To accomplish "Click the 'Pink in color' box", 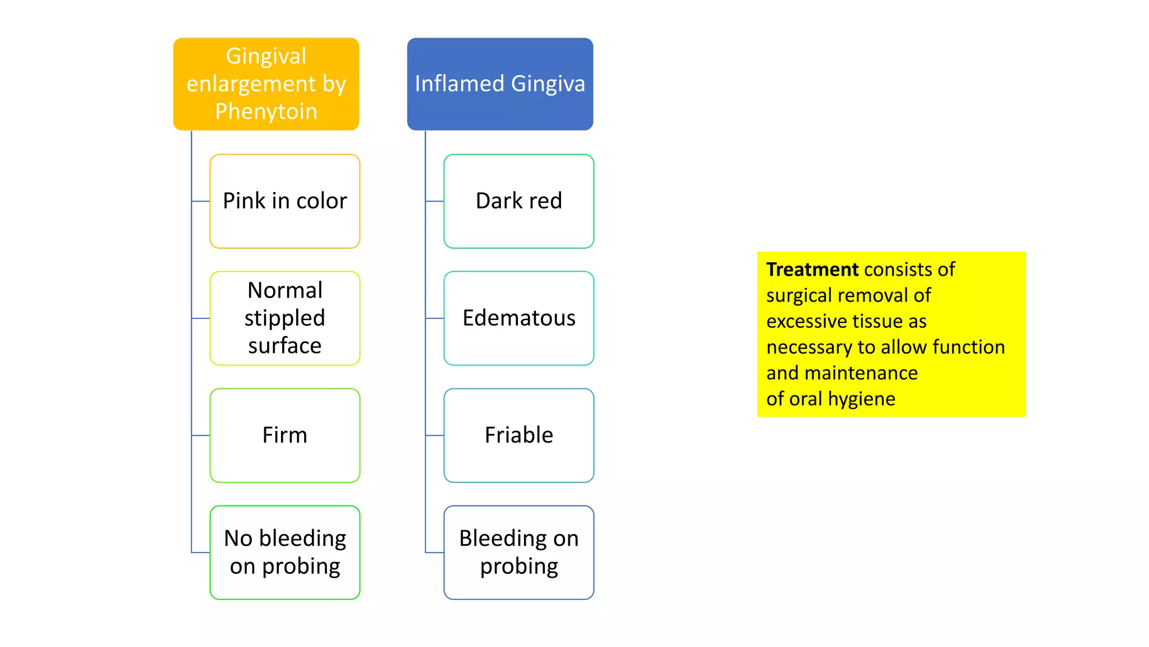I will (x=284, y=201).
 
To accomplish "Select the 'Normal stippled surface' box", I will (x=284, y=318).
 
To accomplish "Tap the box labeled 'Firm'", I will (x=284, y=435).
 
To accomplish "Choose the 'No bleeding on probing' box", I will (x=284, y=552).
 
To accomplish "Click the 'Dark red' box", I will (x=518, y=201).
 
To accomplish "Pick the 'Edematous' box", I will (x=518, y=318).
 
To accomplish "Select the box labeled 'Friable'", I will (x=518, y=435).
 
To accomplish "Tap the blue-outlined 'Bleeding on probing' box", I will (x=518, y=552).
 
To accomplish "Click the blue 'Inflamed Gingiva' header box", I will (x=500, y=84).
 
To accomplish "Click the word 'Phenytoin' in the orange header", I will (x=266, y=111).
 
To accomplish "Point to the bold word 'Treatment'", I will (x=812, y=270).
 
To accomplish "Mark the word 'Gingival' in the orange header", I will (x=266, y=56).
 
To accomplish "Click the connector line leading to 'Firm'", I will (x=201, y=435).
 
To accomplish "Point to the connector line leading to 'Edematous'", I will (x=435, y=318).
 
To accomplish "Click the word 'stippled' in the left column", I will (x=284, y=318).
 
